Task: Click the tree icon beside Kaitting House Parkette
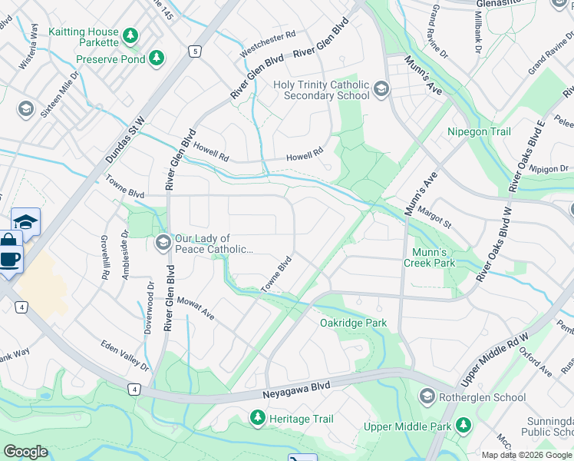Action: (131, 35)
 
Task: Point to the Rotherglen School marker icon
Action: (427, 397)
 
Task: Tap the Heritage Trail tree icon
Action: (257, 419)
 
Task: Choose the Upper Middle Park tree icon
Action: (463, 425)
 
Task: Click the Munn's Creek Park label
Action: (430, 257)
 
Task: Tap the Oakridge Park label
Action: (353, 323)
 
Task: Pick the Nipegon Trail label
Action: (479, 132)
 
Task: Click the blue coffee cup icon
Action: (10, 259)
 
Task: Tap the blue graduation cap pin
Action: (26, 221)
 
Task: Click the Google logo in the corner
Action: (25, 452)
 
